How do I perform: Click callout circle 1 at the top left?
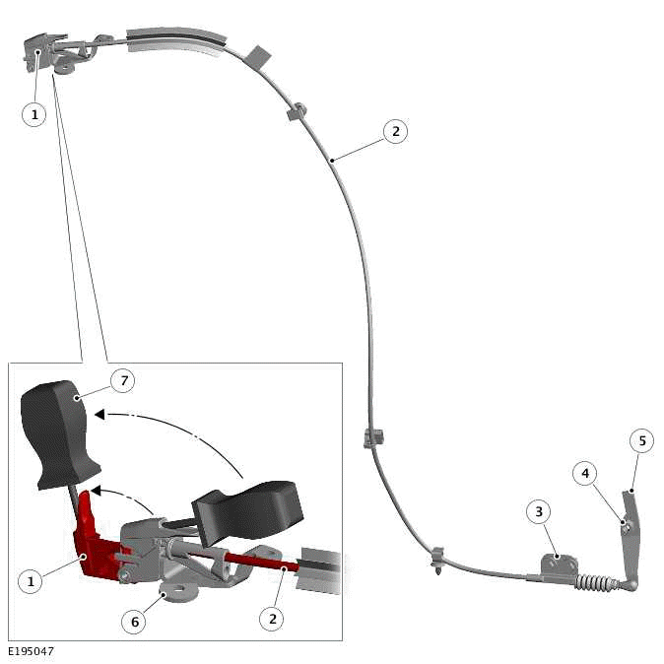34,114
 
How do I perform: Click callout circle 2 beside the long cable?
395,131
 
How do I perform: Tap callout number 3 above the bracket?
538,511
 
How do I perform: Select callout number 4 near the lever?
585,474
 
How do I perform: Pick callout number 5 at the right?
641,440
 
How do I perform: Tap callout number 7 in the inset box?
122,379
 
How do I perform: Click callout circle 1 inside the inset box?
31,581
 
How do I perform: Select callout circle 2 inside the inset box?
271,618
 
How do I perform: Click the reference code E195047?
33,652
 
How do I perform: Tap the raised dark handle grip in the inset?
61,433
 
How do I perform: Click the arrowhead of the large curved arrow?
99,415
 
